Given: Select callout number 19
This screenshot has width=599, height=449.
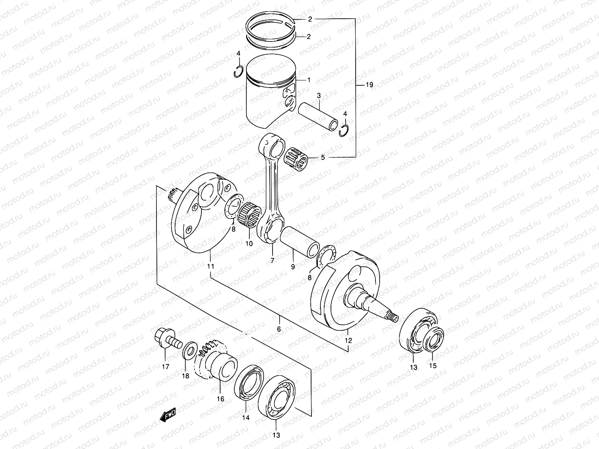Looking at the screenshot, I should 369,85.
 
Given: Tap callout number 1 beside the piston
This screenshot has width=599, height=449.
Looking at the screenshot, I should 309,80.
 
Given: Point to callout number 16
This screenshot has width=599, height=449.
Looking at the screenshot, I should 221,399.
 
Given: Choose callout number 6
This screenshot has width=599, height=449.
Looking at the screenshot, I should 279,329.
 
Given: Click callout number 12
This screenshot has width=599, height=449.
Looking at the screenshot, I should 349,341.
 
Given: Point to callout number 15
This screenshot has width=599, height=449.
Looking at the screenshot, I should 432,366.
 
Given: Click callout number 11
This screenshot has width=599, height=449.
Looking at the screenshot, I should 210,266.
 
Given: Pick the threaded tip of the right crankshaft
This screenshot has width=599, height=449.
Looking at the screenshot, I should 393,318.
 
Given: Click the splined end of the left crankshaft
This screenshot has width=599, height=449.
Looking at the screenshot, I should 173,195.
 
